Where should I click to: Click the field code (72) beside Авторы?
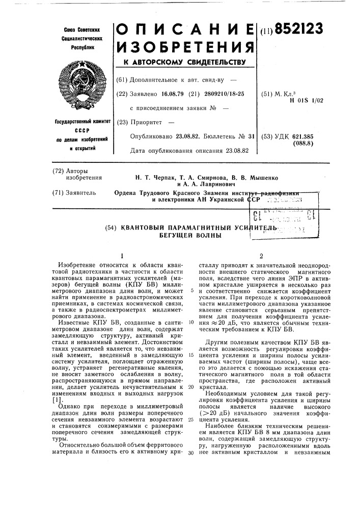point(61,171)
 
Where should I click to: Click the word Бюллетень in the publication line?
point(220,136)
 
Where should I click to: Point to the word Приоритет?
point(146,123)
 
